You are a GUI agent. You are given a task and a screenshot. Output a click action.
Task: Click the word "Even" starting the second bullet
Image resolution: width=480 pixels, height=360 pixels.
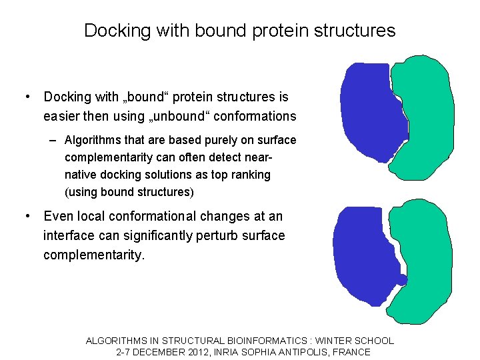(x=58, y=217)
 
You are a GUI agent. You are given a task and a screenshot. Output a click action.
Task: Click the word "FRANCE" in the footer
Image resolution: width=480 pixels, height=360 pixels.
(x=351, y=352)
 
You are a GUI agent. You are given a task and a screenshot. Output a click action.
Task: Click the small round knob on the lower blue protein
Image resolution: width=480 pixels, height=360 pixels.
(x=402, y=279)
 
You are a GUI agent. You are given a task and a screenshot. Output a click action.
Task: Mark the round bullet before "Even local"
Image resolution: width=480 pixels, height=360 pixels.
(x=27, y=217)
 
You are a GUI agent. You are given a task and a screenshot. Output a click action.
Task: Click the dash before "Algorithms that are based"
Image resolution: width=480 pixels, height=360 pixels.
(x=53, y=140)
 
